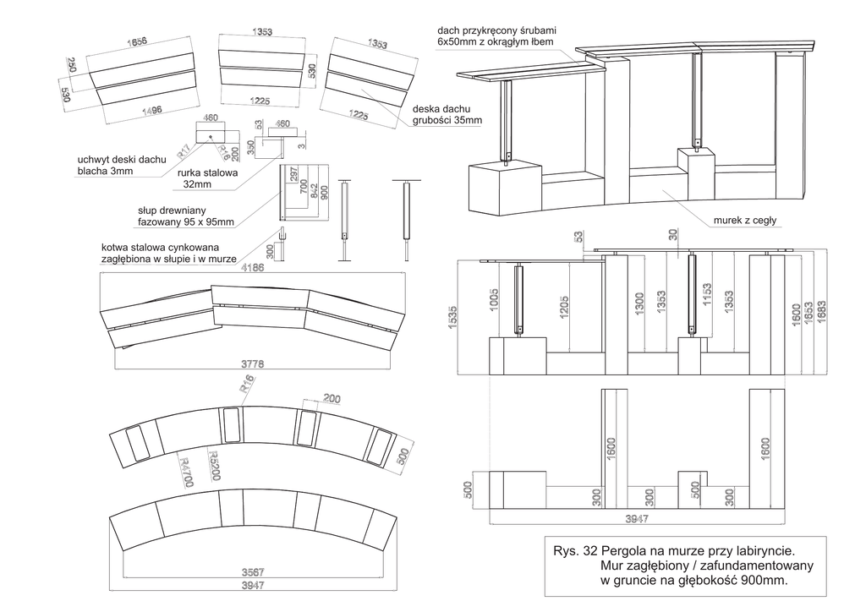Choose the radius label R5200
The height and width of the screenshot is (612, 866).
(215, 464)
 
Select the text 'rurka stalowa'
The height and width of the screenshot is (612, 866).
(208, 172)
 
